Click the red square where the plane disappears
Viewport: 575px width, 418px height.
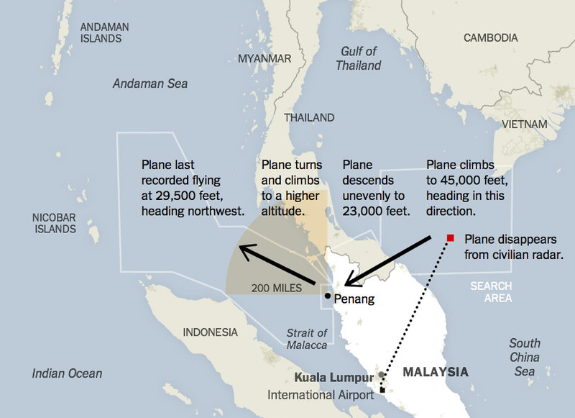pyautogui.click(x=450, y=237)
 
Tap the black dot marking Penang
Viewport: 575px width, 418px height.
pyautogui.click(x=327, y=296)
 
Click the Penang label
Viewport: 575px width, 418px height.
pyautogui.click(x=354, y=299)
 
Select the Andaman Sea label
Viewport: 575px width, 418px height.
pyautogui.click(x=150, y=84)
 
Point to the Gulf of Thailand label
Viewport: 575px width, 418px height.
pyautogui.click(x=358, y=58)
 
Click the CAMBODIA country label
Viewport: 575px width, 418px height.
pyautogui.click(x=490, y=37)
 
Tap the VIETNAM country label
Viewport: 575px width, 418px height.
pyautogui.click(x=524, y=124)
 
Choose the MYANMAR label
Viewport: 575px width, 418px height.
pyautogui.click(x=264, y=58)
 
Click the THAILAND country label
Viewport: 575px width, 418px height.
pyautogui.click(x=309, y=117)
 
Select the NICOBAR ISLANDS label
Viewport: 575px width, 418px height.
pyautogui.click(x=54, y=223)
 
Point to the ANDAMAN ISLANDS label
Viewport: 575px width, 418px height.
pyautogui.click(x=104, y=32)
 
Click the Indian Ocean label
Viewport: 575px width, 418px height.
pyautogui.click(x=67, y=373)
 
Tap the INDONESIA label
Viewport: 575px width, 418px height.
pyautogui.click(x=210, y=332)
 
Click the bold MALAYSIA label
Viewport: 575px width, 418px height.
pyautogui.click(x=435, y=372)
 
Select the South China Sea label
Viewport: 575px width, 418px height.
pyautogui.click(x=525, y=357)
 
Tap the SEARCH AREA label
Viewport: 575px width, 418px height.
pyautogui.click(x=492, y=292)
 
